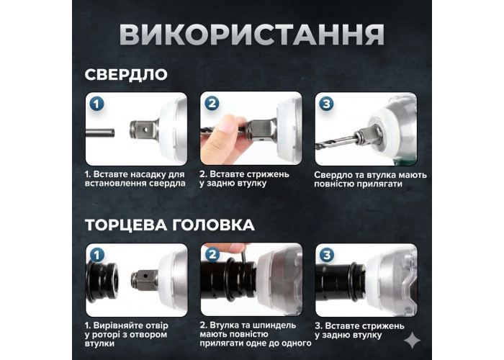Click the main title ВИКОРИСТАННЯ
[252, 35]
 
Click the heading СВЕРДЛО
[126, 75]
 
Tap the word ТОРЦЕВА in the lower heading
[126, 225]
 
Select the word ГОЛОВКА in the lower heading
[213, 225]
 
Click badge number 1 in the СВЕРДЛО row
[96, 104]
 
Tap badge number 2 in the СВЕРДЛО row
[212, 104]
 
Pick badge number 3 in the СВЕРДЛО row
[326, 104]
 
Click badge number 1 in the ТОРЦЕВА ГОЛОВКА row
[97, 255]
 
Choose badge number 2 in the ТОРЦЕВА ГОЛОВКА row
[212, 255]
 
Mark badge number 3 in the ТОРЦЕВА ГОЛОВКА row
[327, 255]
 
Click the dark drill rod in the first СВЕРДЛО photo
[100, 132]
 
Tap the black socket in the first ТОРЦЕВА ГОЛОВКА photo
[102, 280]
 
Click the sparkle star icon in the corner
[412, 340]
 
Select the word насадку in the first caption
[148, 174]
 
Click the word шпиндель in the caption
[276, 325]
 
